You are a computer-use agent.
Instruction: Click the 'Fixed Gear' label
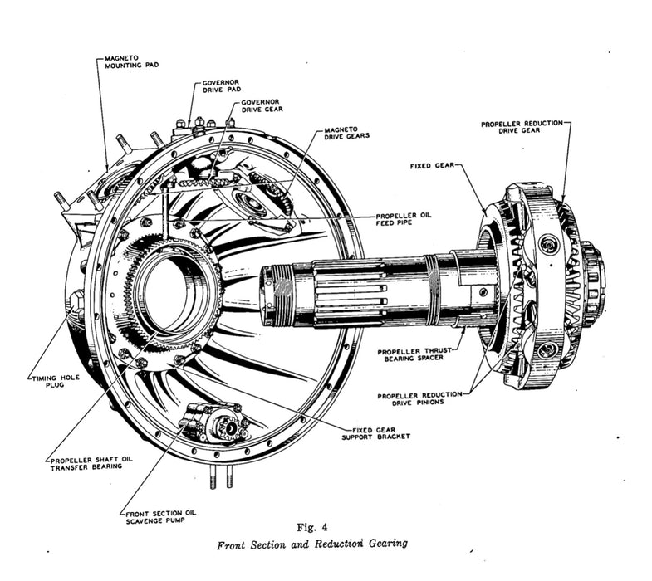(x=431, y=166)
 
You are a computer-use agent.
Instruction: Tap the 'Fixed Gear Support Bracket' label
(x=381, y=432)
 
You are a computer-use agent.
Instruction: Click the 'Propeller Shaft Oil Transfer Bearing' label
(x=87, y=463)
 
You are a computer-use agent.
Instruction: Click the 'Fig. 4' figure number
(x=313, y=527)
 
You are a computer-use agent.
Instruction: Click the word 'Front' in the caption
(x=233, y=545)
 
